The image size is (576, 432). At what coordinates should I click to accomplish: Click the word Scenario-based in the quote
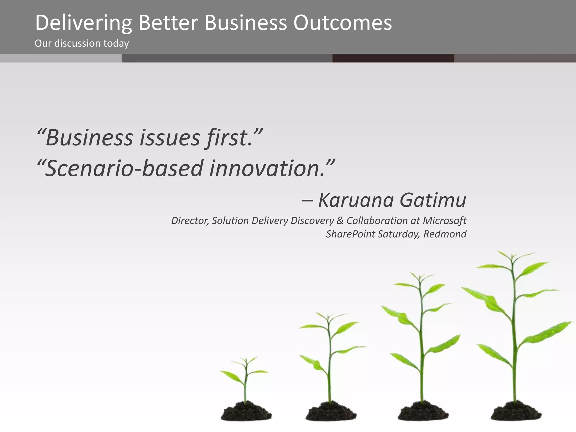pos(124,168)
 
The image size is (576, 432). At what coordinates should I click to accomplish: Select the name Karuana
pos(356,200)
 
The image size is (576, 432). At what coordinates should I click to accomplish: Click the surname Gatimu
pos(433,200)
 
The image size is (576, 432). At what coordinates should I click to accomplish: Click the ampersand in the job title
pos(340,220)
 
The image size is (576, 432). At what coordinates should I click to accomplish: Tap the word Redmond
pos(445,234)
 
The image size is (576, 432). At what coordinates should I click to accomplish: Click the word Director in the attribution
pos(190,220)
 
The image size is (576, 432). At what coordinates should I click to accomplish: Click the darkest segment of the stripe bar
pos(393,58)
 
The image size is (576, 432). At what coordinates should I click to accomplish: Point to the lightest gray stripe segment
pos(61,58)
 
